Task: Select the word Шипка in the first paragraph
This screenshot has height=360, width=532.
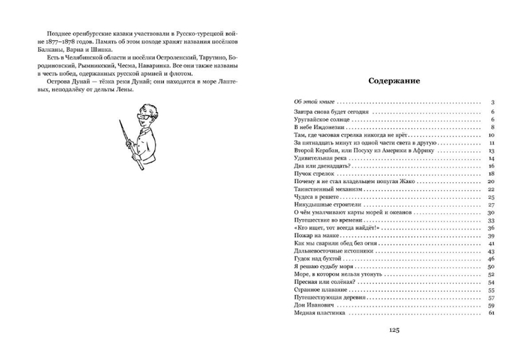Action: point(115,50)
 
